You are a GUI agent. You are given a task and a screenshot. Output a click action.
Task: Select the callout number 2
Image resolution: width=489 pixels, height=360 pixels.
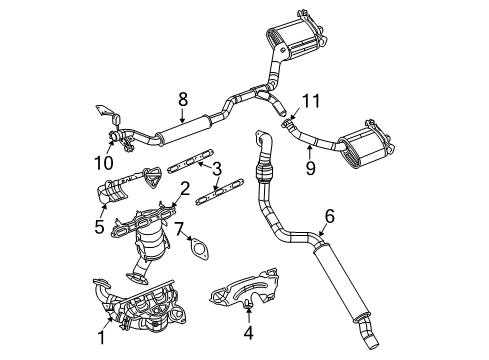184,187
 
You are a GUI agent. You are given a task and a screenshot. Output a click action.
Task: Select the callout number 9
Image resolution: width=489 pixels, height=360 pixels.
310,170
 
